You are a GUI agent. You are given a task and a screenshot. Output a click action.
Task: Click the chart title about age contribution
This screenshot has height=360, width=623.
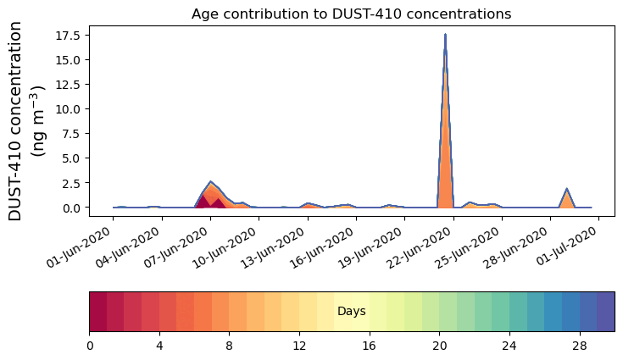[351, 14]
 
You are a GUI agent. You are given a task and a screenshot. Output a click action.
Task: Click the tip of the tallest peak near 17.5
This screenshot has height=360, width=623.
[445, 36]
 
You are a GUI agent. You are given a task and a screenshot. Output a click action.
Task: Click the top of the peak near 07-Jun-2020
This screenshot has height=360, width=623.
[210, 182]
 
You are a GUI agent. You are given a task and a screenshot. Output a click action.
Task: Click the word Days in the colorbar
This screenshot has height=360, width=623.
[351, 312]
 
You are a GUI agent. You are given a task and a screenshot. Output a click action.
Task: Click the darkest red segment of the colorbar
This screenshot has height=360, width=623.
[97, 312]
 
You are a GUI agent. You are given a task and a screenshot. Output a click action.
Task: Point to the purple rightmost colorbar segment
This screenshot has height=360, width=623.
[605, 312]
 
